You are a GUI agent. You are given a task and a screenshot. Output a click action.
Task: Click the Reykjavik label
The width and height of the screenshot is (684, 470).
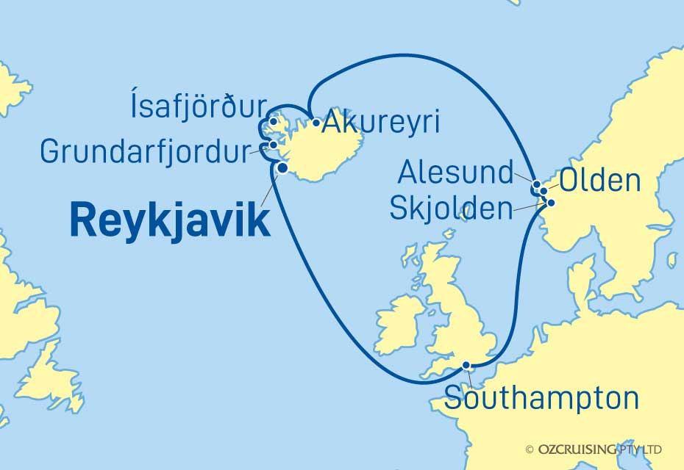pos(170,220)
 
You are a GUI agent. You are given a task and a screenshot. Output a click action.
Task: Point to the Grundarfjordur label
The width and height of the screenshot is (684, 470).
pos(145,152)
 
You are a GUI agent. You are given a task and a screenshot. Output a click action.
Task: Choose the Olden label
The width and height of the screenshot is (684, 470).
pos(600,181)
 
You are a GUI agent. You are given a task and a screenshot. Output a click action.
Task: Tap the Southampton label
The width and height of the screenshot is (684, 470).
pos(541,399)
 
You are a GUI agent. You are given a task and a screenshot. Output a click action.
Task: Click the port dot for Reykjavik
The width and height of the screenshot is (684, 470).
pos(282,168)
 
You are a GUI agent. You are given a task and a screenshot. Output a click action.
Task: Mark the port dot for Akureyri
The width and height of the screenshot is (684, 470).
pos(316,123)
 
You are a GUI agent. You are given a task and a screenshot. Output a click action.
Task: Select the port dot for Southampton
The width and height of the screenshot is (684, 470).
pos(466,365)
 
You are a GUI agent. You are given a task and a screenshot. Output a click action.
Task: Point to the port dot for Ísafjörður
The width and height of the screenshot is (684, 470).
pos(273,121)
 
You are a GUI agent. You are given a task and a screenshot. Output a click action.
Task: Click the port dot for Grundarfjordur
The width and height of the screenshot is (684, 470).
pos(274,145)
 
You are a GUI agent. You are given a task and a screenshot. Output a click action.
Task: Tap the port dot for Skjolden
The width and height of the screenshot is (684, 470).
pos(550,203)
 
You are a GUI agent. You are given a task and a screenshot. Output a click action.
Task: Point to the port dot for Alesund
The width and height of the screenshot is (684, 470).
pos(537,184)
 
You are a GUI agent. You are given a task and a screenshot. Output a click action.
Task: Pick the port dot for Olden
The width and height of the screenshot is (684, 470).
pos(544,191)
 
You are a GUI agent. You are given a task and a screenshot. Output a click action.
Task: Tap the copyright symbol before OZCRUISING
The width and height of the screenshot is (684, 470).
pos(530,449)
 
